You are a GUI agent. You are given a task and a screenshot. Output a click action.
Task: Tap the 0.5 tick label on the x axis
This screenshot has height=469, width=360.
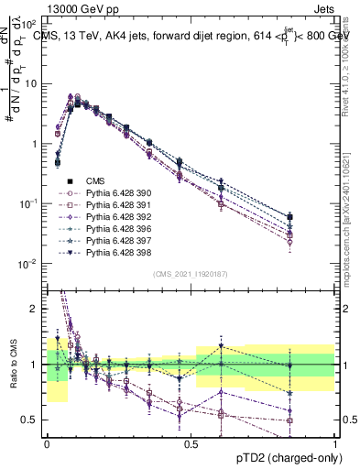tap(191, 442)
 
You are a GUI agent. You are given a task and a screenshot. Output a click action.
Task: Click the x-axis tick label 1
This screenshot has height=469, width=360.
tap(336, 442)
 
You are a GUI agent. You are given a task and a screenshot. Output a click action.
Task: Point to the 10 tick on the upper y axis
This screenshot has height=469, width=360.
tap(32, 83)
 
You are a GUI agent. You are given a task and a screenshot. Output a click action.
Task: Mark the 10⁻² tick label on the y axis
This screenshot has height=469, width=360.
tap(29, 264)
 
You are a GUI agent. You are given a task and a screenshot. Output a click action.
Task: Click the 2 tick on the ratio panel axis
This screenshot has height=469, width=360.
tap(35, 309)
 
